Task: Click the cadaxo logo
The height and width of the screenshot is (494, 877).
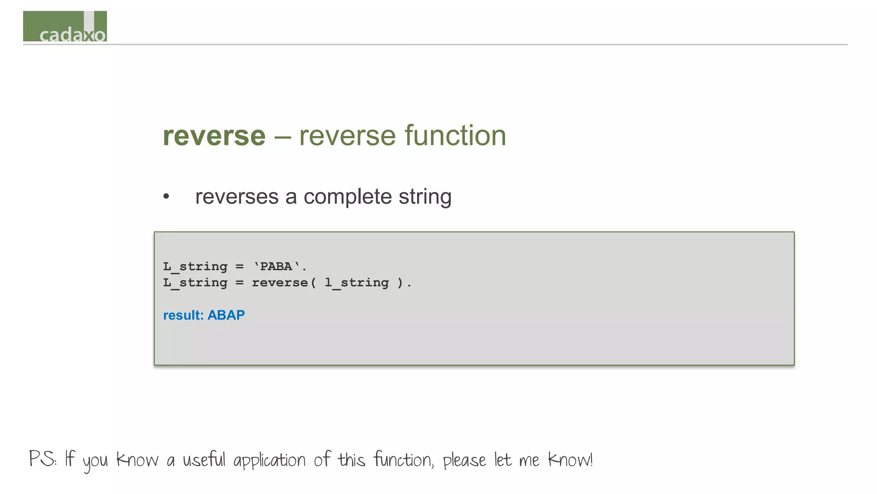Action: pyautogui.click(x=65, y=27)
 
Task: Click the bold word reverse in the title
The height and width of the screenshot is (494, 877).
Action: pyautogui.click(x=214, y=136)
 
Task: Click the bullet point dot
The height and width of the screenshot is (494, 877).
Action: pyautogui.click(x=166, y=197)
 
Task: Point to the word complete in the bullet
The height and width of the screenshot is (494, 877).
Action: pyautogui.click(x=347, y=197)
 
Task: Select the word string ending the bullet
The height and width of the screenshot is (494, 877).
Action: pyautogui.click(x=425, y=197)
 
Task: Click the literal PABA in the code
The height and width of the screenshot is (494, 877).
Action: pyautogui.click(x=276, y=266)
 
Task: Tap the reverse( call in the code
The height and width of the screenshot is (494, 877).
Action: pyautogui.click(x=283, y=283)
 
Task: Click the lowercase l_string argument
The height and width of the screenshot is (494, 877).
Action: pyautogui.click(x=357, y=283)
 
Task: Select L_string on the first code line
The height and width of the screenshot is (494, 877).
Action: pyautogui.click(x=195, y=267)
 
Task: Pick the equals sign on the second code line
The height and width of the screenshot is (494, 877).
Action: pyautogui.click(x=239, y=283)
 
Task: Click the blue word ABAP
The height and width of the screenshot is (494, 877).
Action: pyautogui.click(x=226, y=315)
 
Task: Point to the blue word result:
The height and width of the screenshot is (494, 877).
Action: pyautogui.click(x=183, y=315)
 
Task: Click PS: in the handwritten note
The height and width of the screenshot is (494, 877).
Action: pyautogui.click(x=42, y=459)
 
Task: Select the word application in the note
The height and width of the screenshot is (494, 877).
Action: pyautogui.click(x=269, y=461)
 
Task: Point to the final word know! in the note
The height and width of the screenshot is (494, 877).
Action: pyautogui.click(x=570, y=460)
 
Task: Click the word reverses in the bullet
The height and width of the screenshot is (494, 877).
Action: pyautogui.click(x=237, y=197)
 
